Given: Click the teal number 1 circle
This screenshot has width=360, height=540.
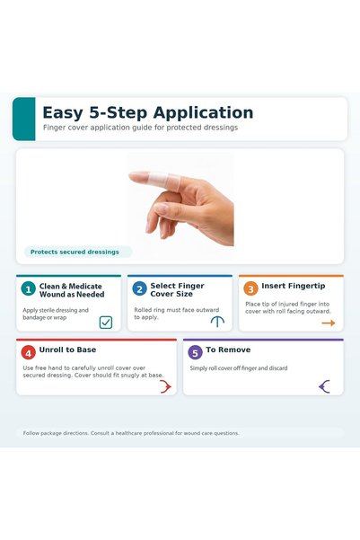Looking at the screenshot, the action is point(28,289).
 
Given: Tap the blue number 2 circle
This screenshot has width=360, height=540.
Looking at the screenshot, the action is point(139,289).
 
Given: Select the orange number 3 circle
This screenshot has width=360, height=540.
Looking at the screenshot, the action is point(250,289).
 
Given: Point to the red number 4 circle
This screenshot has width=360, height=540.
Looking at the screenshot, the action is point(28,352).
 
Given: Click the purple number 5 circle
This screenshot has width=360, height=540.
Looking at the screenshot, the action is point(195,352).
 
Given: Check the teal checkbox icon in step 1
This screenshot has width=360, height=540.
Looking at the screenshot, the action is point(106,323).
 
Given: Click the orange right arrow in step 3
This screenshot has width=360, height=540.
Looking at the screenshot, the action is point(329,323).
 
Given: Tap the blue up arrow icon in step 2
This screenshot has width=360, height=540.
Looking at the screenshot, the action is point(217,322).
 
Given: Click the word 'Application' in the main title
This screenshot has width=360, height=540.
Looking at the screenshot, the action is point(203,113).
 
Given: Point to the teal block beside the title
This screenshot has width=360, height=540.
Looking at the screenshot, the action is point(24,119).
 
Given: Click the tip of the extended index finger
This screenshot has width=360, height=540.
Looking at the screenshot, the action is point(130,175).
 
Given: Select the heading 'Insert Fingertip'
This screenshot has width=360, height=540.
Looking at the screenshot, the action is point(294,286).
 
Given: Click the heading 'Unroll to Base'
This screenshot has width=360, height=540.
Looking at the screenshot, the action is point(67,350).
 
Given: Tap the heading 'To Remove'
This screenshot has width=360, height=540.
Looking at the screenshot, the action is point(228,350).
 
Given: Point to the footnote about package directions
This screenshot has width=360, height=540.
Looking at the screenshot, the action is point(131,433).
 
